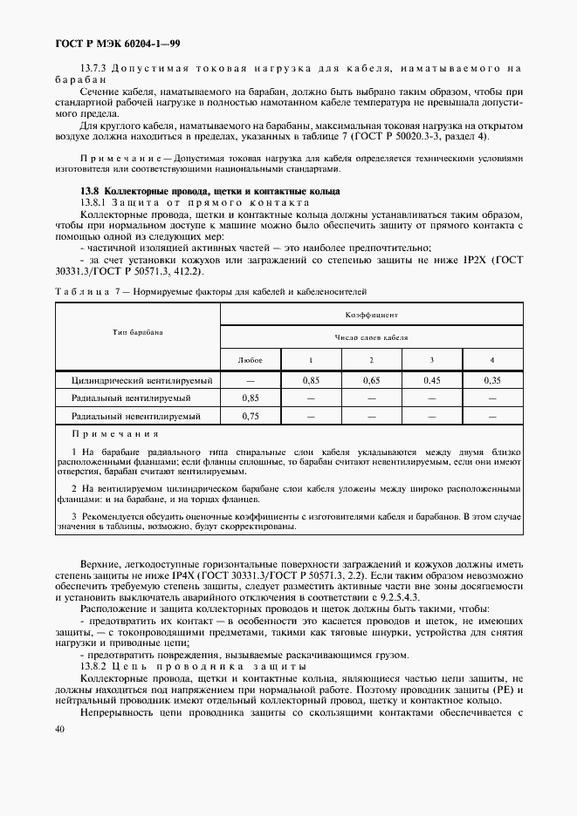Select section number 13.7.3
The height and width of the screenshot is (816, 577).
93,67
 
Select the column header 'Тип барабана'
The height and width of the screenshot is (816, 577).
137,333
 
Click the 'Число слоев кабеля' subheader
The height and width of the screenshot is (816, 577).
371,337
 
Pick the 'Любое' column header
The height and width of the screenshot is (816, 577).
250,360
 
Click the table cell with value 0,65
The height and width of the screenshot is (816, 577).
371,381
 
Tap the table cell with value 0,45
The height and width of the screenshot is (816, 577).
432,381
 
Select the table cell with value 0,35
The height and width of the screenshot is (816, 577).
493,381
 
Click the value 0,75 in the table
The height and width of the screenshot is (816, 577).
250,417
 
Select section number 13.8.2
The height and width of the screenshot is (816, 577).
94,665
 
